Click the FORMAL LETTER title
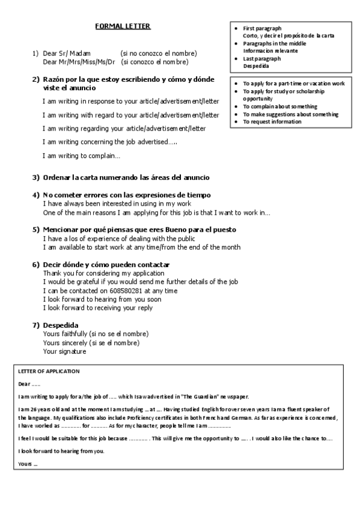click(x=123, y=26)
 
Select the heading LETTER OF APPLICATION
click(x=49, y=371)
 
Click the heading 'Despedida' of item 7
click(x=61, y=325)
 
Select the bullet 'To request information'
click(x=272, y=121)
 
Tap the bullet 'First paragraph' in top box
click(x=262, y=28)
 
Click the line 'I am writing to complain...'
click(x=81, y=156)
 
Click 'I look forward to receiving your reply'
click(x=97, y=308)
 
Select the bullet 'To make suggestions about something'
click(x=290, y=114)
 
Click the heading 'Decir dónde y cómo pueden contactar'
click(x=106, y=265)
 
